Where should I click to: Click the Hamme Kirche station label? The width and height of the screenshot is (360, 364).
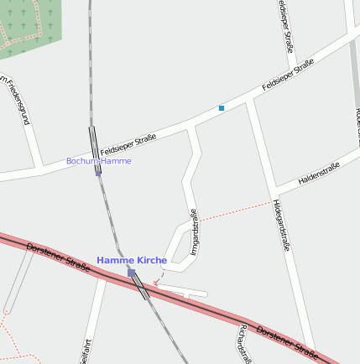pos(132,261)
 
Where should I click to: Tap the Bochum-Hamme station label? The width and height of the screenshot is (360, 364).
pos(98,161)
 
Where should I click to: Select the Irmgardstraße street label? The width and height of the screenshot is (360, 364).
pos(194,232)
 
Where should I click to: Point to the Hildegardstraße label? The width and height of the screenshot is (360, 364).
pos(280,225)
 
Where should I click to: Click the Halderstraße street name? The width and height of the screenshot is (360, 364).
pos(319,174)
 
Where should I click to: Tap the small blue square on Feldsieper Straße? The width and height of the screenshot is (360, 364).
pos(222,108)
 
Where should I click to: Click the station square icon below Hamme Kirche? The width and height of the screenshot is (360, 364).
pos(131,273)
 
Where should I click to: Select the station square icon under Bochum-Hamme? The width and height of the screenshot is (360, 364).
pos(98,171)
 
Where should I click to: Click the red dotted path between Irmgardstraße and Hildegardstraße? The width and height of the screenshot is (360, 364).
pos(235,210)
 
